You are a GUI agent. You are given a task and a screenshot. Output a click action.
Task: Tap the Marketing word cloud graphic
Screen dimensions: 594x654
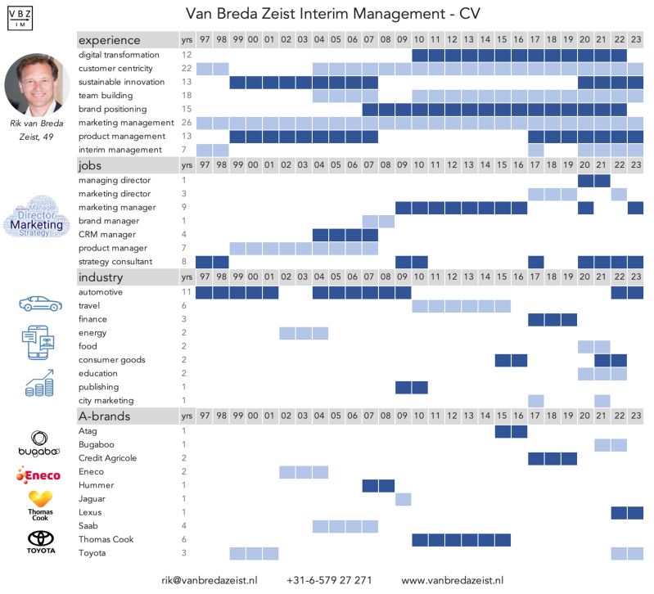[36, 218]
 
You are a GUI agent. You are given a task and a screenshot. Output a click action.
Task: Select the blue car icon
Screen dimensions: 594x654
[40, 304]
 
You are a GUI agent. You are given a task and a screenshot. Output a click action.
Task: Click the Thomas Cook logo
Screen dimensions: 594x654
[41, 504]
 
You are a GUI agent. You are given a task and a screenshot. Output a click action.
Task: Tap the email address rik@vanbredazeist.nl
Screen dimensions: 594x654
[210, 579]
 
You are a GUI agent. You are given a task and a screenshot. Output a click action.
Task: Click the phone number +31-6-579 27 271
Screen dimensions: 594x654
[329, 579]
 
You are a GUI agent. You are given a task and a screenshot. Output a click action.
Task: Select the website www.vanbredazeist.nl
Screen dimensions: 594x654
[452, 579]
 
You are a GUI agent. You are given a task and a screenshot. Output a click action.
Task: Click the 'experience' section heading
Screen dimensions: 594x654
[110, 40]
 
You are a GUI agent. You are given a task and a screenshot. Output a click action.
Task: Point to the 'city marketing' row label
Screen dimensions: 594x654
[106, 401]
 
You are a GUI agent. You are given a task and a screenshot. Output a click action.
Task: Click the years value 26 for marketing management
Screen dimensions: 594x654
[187, 123]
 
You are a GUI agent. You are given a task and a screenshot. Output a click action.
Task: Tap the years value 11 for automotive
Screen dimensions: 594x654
[187, 292]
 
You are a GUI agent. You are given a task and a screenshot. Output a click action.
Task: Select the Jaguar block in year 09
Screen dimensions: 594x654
[403, 499]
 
